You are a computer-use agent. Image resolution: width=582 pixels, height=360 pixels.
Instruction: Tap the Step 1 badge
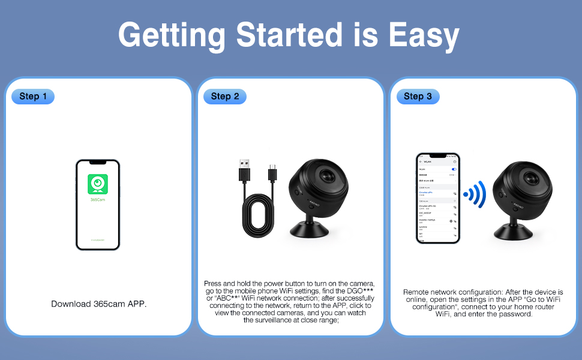tap(32, 96)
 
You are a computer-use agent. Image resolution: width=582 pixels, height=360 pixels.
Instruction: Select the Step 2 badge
tap(224, 96)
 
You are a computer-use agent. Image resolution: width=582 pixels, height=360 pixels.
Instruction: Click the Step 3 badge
tap(417, 96)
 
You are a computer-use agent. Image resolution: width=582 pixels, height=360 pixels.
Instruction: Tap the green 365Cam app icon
tap(97, 184)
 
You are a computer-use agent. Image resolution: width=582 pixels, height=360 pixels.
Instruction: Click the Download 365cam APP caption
tap(99, 304)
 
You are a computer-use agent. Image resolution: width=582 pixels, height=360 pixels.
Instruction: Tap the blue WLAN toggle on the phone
tap(454, 170)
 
